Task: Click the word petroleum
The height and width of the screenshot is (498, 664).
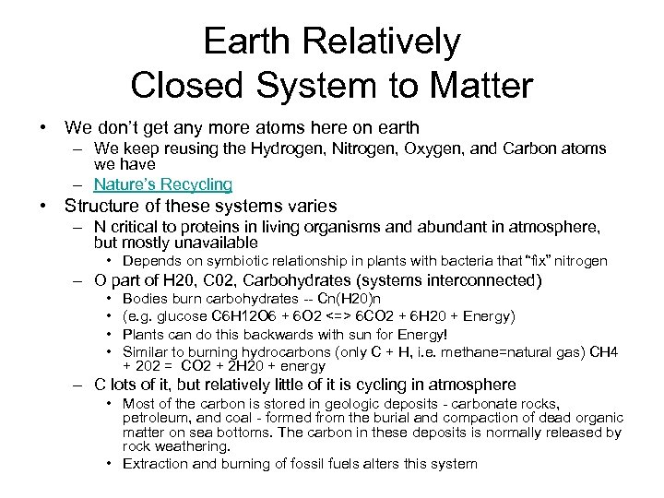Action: [x=156, y=417]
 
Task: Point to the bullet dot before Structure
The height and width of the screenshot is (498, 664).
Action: [x=43, y=207]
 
